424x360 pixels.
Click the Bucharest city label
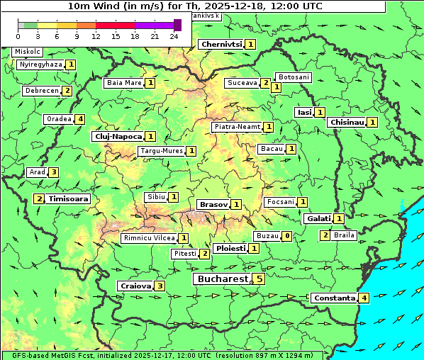click(221, 279)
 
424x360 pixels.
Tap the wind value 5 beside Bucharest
click(260, 279)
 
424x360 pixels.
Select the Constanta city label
click(333, 298)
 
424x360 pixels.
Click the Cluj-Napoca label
click(118, 136)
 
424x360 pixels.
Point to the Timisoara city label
click(69, 199)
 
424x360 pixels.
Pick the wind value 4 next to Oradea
click(81, 119)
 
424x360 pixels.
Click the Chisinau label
click(347, 122)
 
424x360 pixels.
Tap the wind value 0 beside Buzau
click(286, 235)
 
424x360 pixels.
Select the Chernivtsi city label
click(221, 44)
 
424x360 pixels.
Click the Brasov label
click(213, 204)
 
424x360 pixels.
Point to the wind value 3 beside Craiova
click(160, 286)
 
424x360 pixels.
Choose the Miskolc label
click(28, 52)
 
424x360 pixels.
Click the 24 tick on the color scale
click(174, 36)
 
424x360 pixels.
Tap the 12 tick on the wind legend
click(96, 36)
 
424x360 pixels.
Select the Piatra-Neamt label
click(237, 127)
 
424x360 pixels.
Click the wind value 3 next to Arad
click(53, 172)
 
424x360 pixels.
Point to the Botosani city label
click(293, 77)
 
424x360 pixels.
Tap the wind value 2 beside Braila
click(325, 235)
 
